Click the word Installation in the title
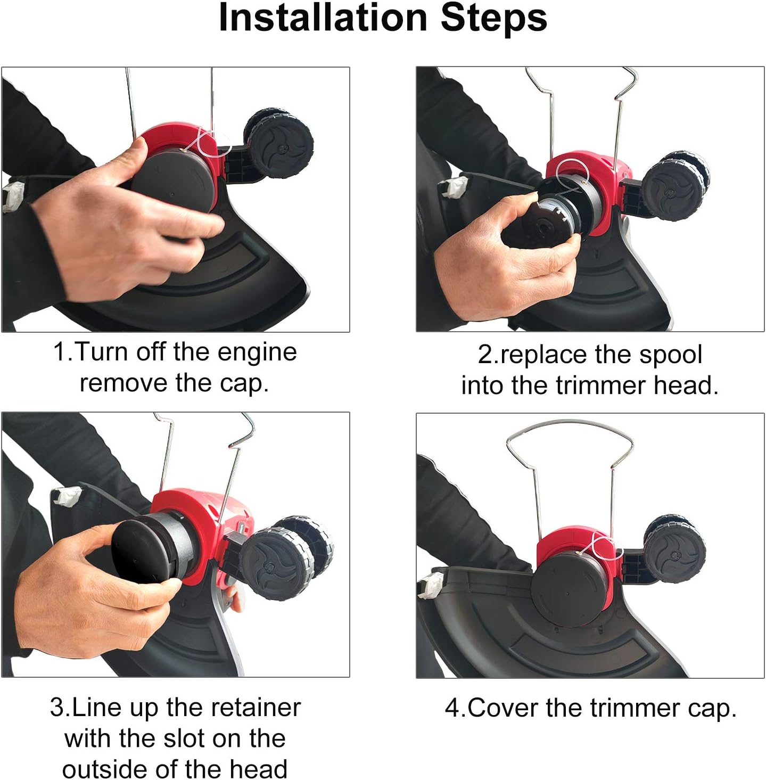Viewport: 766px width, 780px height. click(323, 18)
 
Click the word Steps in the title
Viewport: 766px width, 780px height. click(493, 19)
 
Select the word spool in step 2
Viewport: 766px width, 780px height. click(670, 356)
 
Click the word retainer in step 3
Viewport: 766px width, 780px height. click(256, 708)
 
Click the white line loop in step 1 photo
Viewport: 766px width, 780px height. click(210, 144)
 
